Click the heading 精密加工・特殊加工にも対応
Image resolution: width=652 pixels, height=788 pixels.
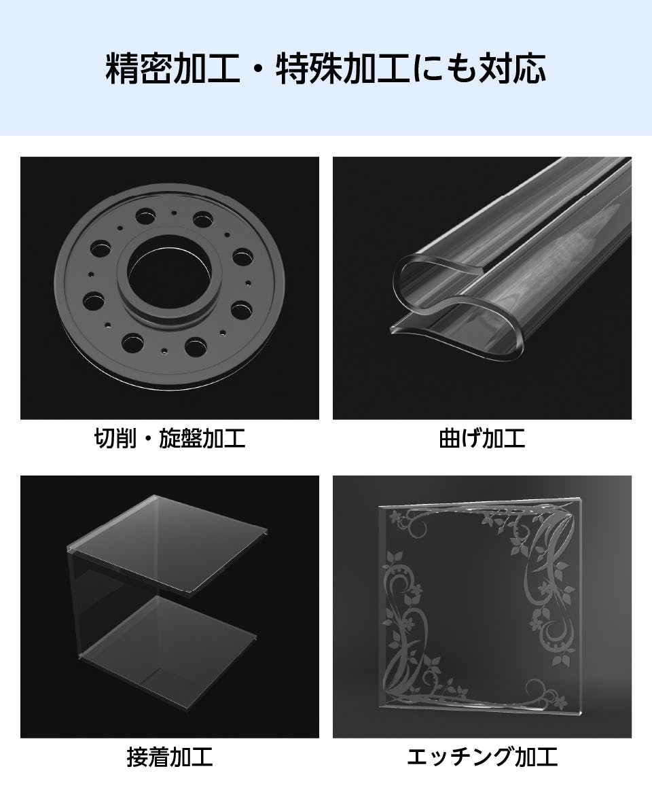click(325, 69)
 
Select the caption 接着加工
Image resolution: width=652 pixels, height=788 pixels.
click(169, 757)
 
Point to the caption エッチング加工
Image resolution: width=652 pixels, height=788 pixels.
click(482, 757)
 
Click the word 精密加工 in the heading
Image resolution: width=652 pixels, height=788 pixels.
click(173, 69)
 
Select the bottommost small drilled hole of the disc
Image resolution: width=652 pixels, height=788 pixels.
click(165, 351)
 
